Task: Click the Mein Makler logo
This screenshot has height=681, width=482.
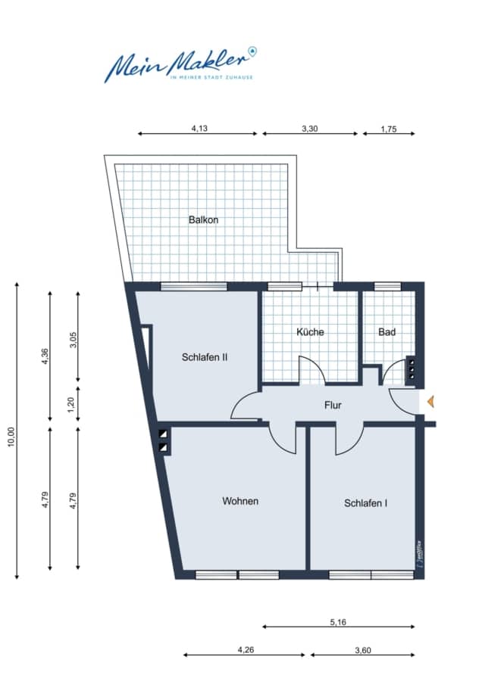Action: tap(180, 64)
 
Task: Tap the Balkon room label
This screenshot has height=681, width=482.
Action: tap(203, 219)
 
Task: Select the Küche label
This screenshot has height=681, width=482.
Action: tap(310, 332)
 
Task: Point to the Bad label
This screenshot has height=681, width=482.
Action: tap(387, 332)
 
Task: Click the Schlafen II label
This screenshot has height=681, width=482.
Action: tap(205, 357)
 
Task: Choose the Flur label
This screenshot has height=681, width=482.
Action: tap(333, 406)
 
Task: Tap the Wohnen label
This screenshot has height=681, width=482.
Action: tap(240, 501)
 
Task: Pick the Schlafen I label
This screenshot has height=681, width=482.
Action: tap(365, 503)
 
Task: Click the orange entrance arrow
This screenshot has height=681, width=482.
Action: tap(430, 402)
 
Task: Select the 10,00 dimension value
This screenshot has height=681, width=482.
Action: tap(11, 437)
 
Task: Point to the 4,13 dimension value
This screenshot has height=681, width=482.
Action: tap(199, 128)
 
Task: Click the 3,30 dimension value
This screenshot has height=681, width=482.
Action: tap(310, 129)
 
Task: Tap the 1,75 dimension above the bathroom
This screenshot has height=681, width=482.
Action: tap(389, 129)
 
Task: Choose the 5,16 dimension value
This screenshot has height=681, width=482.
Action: tap(338, 622)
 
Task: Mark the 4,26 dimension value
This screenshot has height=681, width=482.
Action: tap(246, 650)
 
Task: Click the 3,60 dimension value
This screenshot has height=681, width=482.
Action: tap(363, 650)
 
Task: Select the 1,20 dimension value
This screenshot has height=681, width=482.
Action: tap(72, 406)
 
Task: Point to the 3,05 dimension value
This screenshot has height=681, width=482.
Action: tap(73, 340)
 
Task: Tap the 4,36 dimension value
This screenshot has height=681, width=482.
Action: tap(45, 356)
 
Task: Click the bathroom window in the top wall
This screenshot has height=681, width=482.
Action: tap(387, 286)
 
